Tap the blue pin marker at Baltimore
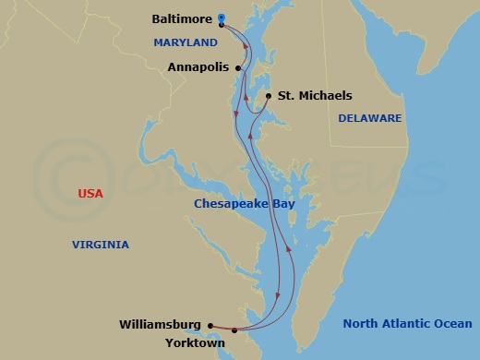click(222, 18)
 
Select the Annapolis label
click(198, 67)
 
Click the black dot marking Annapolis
click(239, 67)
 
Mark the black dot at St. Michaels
click(268, 96)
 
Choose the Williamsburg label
click(160, 325)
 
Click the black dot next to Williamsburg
click(211, 325)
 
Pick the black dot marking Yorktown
click(234, 330)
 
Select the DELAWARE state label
click(369, 118)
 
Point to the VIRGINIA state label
click(101, 245)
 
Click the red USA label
click(90, 194)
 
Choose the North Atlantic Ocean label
click(406, 324)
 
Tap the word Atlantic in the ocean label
click(404, 324)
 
